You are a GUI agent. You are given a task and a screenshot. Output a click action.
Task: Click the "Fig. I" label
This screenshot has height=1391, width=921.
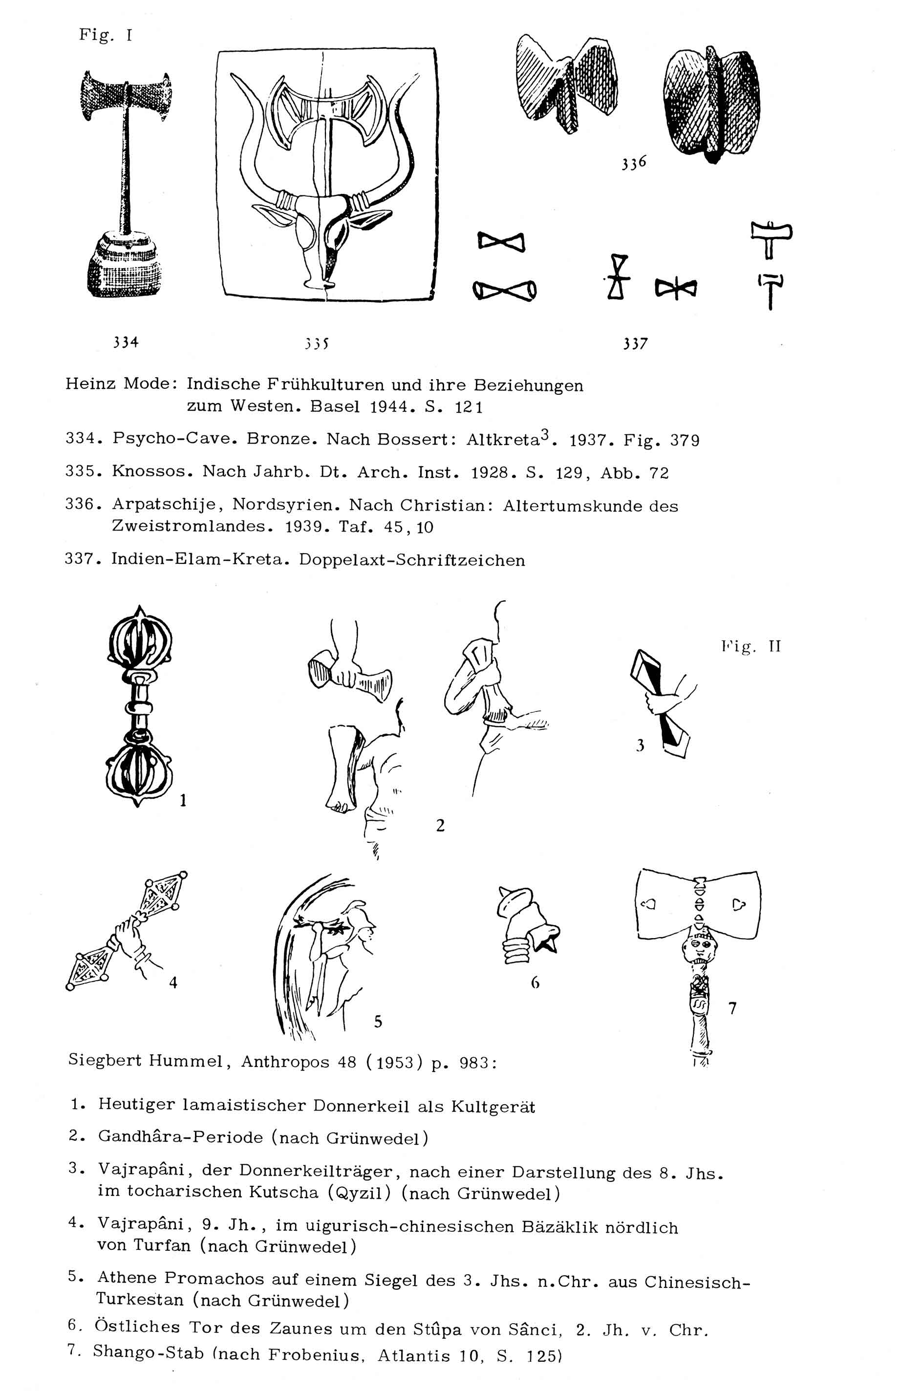pyautogui.click(x=106, y=36)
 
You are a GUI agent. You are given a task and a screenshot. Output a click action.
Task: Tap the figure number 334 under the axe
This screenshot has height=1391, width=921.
pyautogui.click(x=126, y=342)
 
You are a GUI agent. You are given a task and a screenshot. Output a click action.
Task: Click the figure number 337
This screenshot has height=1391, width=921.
pyautogui.click(x=636, y=343)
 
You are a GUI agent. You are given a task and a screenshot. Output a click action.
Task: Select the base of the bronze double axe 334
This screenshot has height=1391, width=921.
pyautogui.click(x=123, y=264)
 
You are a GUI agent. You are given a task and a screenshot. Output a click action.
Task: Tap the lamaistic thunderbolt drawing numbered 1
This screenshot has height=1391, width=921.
pyautogui.click(x=140, y=705)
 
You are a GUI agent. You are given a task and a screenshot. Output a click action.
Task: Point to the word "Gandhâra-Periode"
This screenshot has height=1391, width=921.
pyautogui.click(x=180, y=1137)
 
